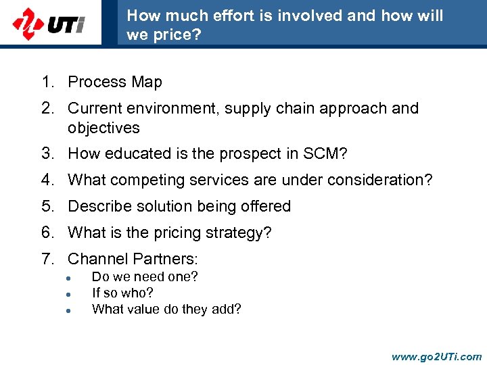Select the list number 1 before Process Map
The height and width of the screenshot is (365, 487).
(x=47, y=82)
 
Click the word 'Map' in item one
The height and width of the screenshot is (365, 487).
(x=147, y=82)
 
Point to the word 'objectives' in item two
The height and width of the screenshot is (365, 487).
(x=103, y=128)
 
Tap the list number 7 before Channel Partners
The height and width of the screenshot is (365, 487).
(x=47, y=259)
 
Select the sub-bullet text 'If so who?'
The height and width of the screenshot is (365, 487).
(x=122, y=293)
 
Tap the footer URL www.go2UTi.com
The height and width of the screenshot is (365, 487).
(x=437, y=356)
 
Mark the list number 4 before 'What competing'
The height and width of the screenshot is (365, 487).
(x=47, y=180)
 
